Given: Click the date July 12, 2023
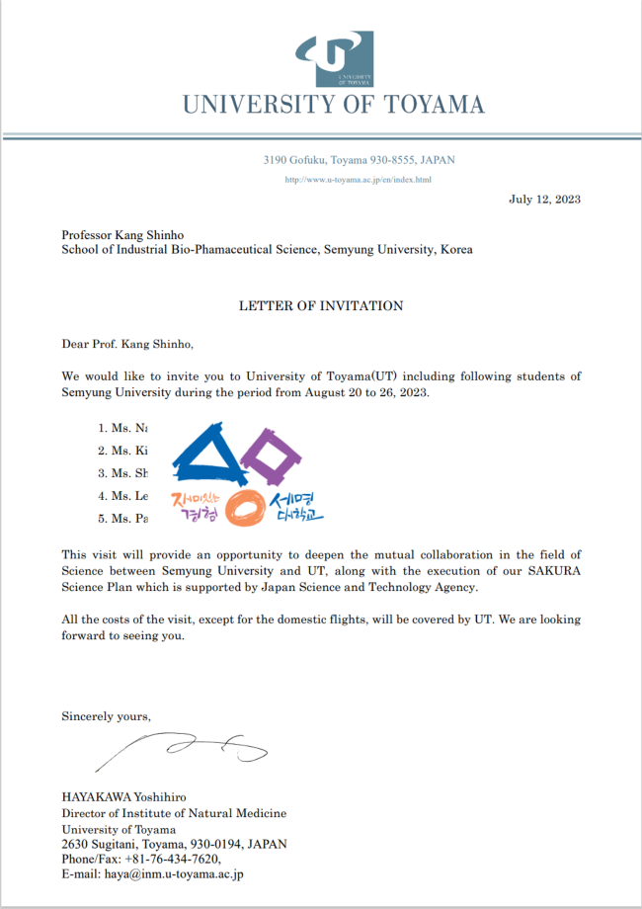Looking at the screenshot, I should click(544, 199).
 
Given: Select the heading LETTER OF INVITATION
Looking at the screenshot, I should click(321, 306).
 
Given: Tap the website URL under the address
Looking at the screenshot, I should click(359, 180).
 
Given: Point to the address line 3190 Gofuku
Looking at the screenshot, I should click(359, 159).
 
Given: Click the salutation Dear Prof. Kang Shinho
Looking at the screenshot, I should click(128, 345).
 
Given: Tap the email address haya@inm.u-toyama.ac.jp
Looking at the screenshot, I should click(152, 874).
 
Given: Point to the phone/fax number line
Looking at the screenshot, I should click(141, 859).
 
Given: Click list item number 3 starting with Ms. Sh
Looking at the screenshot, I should click(128, 472).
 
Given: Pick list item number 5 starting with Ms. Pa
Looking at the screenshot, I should click(128, 518).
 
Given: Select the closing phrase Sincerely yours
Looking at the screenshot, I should click(107, 715).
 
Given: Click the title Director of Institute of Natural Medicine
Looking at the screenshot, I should click(174, 813).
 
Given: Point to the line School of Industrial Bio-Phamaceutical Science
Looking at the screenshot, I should click(267, 250).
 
